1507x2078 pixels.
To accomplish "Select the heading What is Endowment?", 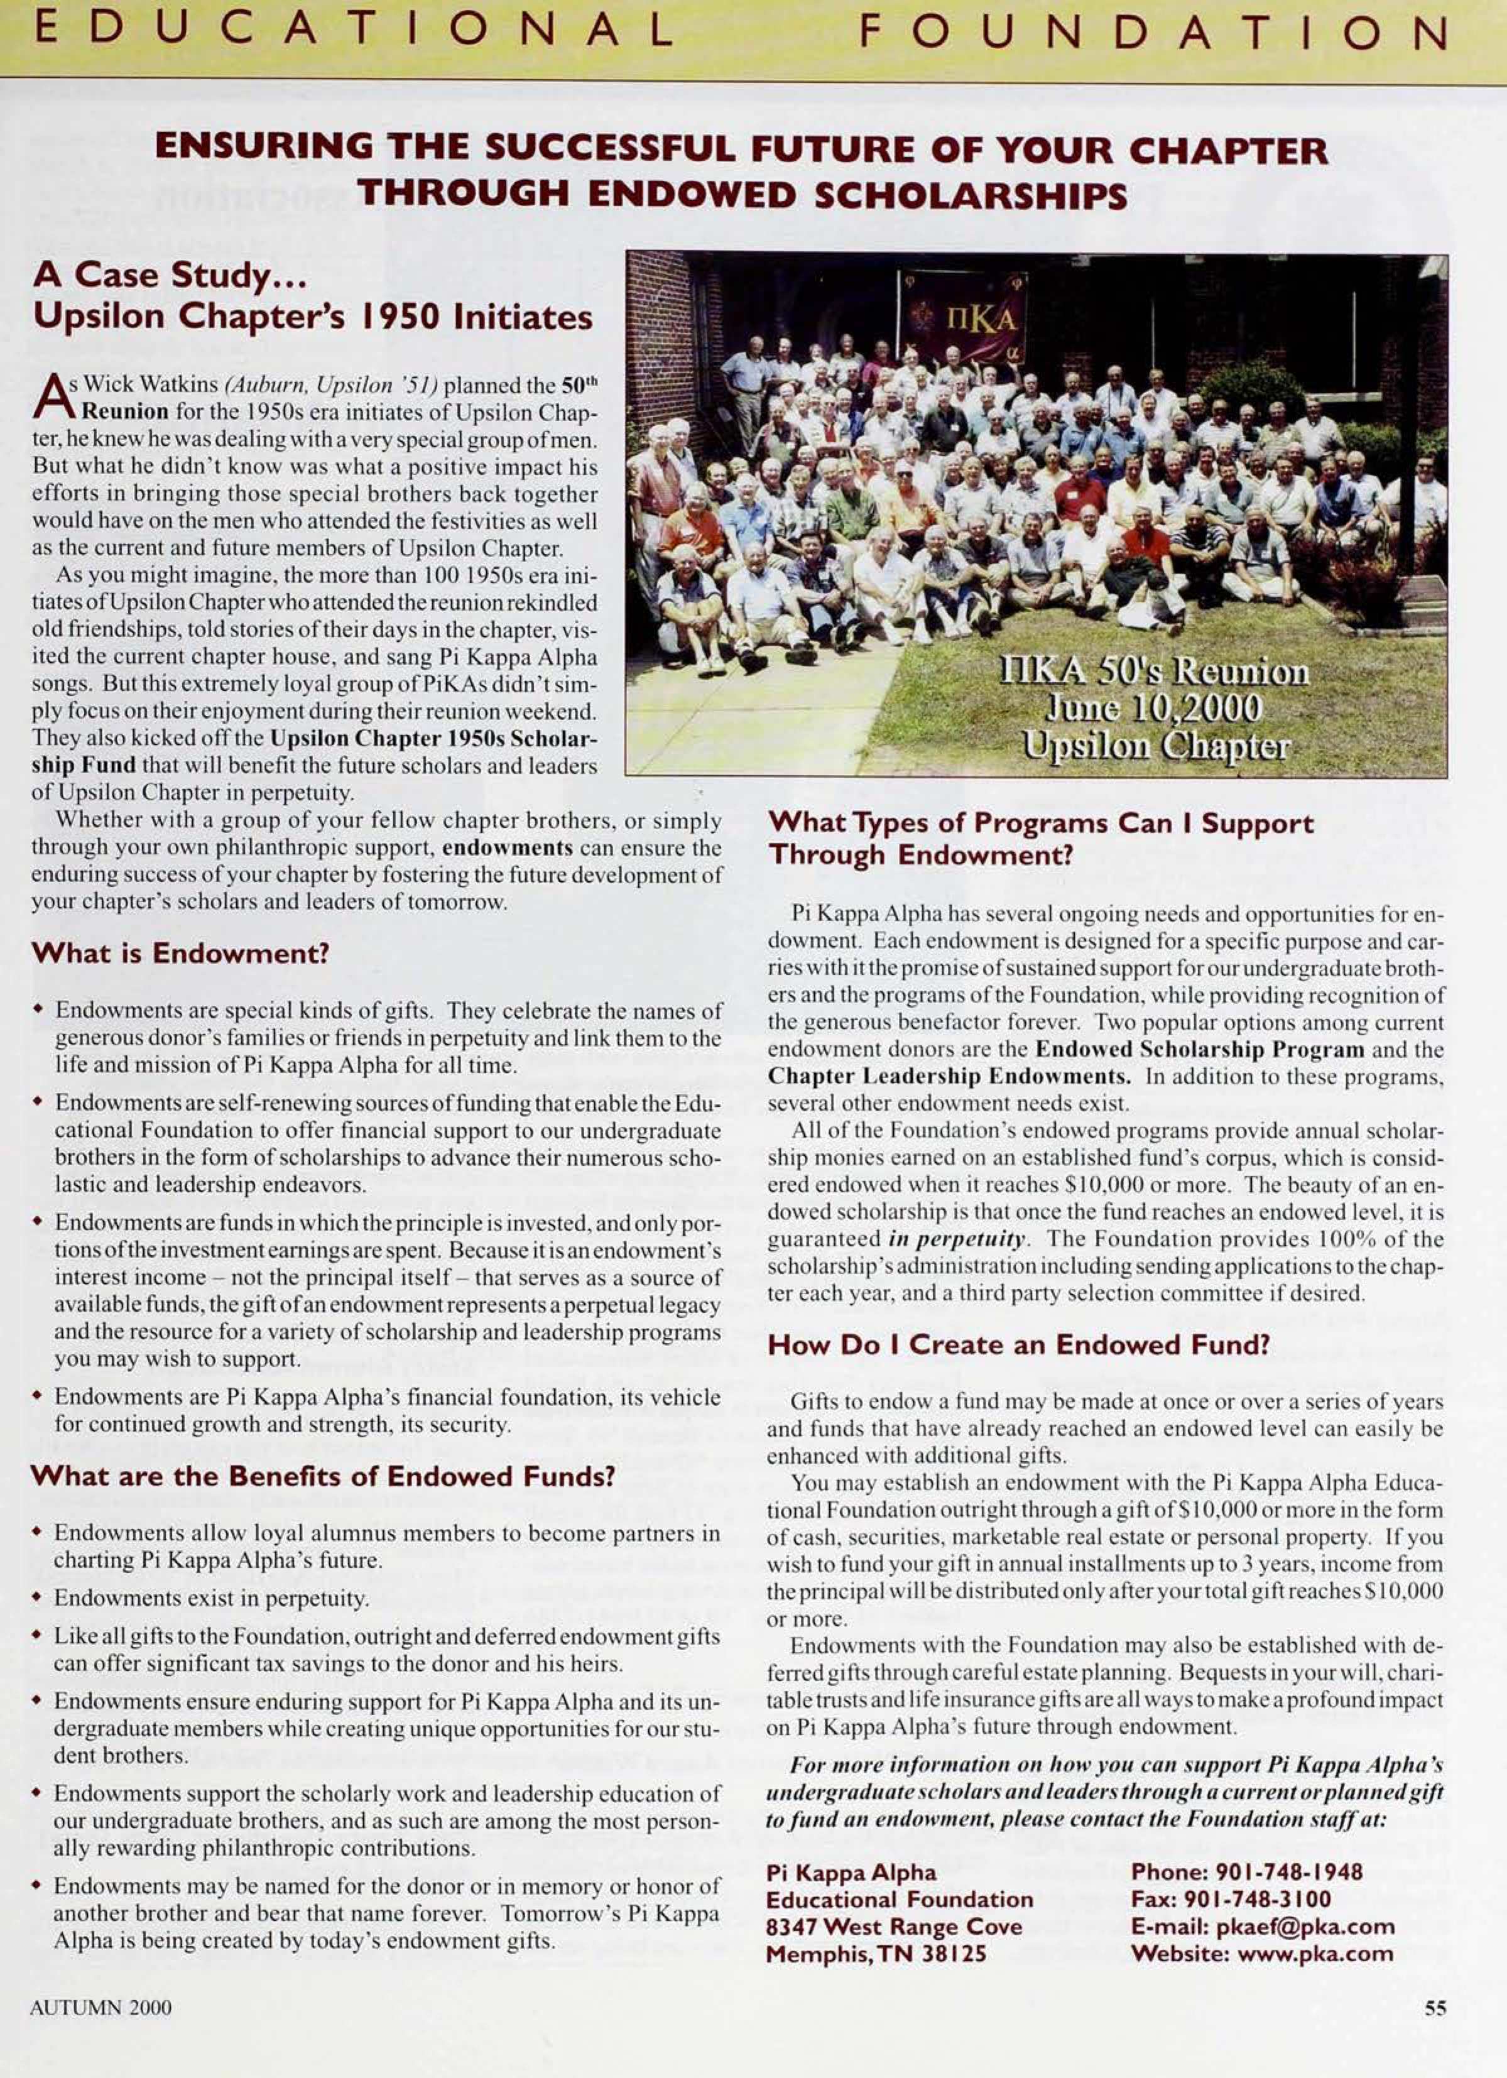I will tap(180, 954).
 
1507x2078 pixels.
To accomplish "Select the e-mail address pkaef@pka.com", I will tap(1307, 1926).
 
